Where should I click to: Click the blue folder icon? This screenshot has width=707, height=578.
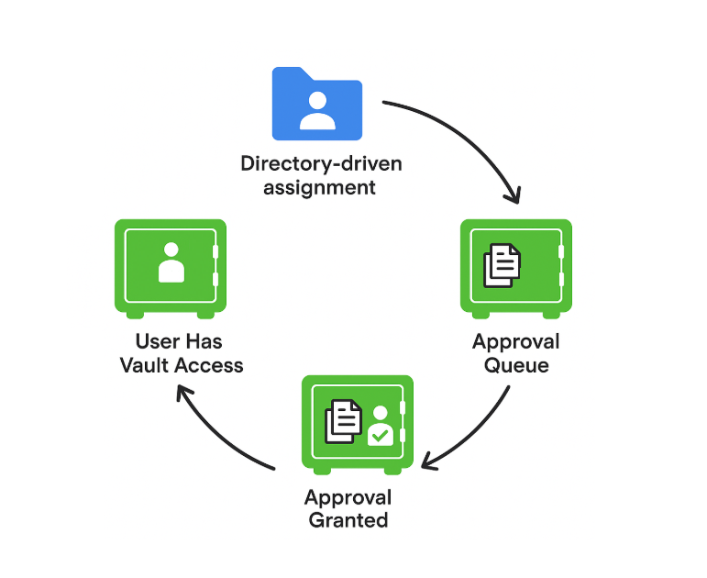point(316,103)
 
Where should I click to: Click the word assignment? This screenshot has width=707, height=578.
point(320,188)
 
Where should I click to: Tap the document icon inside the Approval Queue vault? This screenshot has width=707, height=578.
point(502,265)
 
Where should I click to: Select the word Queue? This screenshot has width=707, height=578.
point(517,365)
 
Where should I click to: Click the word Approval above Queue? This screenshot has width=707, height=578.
point(516,342)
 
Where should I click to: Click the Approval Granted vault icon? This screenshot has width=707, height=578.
point(358,424)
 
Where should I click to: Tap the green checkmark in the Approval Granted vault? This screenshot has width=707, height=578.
point(381,432)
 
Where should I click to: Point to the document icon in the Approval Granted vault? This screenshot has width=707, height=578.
point(344,421)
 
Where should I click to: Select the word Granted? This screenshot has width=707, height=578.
point(348,520)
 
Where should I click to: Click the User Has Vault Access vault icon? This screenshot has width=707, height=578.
point(171,268)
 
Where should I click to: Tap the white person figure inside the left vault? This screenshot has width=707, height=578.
point(171,262)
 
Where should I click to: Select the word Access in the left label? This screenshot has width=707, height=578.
point(210,365)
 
